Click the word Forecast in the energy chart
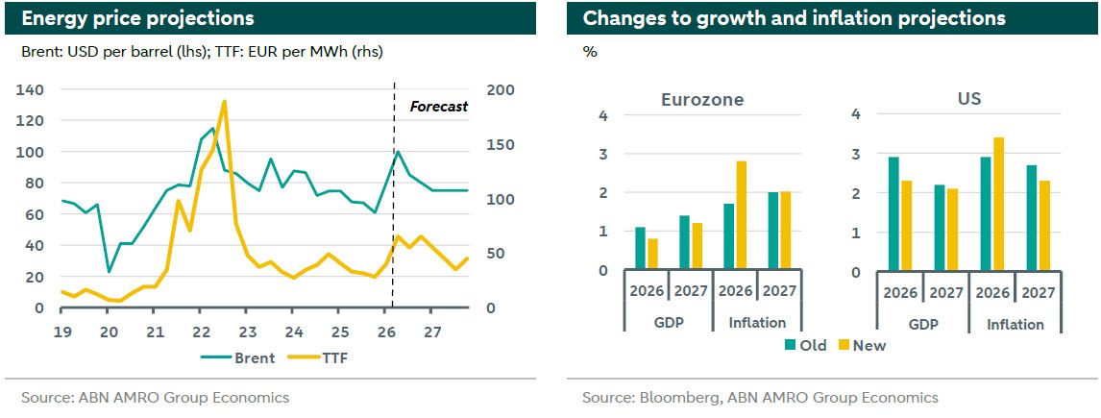point(439,107)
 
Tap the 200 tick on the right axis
point(501,90)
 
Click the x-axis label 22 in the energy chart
point(201,332)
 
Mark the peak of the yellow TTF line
point(224,101)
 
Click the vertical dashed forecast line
point(394,192)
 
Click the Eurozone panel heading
point(702,100)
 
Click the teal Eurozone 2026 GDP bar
point(641,249)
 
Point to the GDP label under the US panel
point(922,325)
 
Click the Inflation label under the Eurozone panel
point(757,323)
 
